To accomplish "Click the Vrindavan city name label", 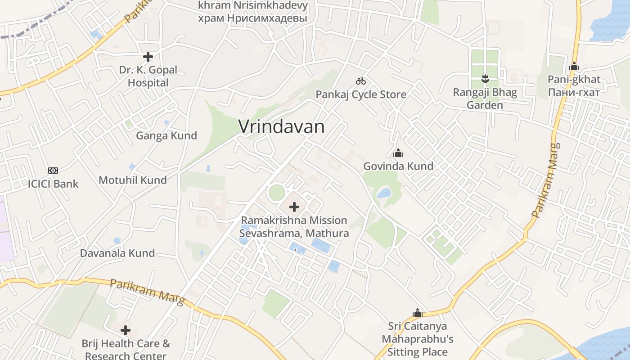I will [281, 126].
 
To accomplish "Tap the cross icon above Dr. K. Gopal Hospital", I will [148, 57].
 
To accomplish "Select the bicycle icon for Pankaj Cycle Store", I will [361, 81].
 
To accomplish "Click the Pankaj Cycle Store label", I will [361, 94].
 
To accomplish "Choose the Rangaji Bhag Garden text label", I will [485, 99].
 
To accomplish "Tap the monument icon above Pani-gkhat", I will [574, 67].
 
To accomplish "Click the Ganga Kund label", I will [166, 135].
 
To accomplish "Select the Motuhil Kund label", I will [133, 180].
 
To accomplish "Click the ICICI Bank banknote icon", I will [53, 171].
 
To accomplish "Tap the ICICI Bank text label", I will [53, 184].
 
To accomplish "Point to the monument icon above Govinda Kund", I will [398, 153].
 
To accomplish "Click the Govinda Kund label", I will [398, 166].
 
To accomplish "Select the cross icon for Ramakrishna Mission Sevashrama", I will [294, 207].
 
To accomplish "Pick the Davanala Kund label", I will [117, 253].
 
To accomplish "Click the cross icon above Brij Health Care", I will [126, 330].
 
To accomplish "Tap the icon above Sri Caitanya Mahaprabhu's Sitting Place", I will [418, 313].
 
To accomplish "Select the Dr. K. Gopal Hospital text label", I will [148, 76].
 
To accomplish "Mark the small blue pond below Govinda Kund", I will [384, 193].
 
